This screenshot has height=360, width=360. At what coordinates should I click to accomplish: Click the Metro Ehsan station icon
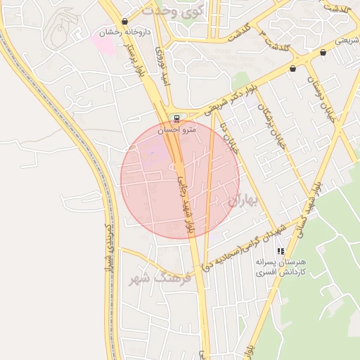(176, 118)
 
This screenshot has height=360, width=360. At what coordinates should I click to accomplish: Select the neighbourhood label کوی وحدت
(172, 11)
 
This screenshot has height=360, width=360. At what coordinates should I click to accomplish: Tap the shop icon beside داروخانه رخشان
(125, 21)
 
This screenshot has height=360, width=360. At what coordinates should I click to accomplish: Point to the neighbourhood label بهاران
(243, 200)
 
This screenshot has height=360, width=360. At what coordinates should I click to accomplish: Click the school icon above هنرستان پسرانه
(281, 251)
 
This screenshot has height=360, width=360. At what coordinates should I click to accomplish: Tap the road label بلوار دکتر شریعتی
(229, 101)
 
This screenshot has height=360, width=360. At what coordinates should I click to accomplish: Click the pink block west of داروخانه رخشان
(103, 44)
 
